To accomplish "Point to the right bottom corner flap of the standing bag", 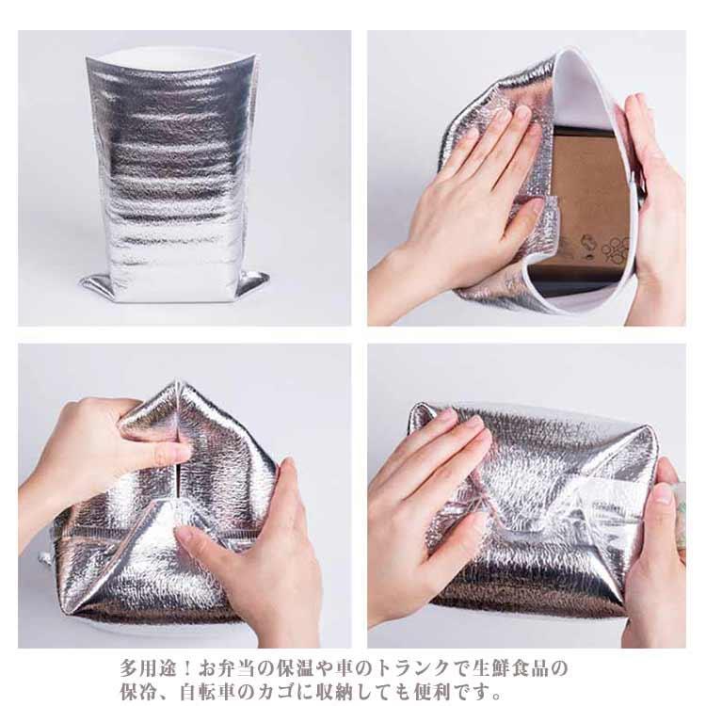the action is pos(253,282).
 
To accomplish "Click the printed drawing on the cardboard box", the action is pos(604,249).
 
